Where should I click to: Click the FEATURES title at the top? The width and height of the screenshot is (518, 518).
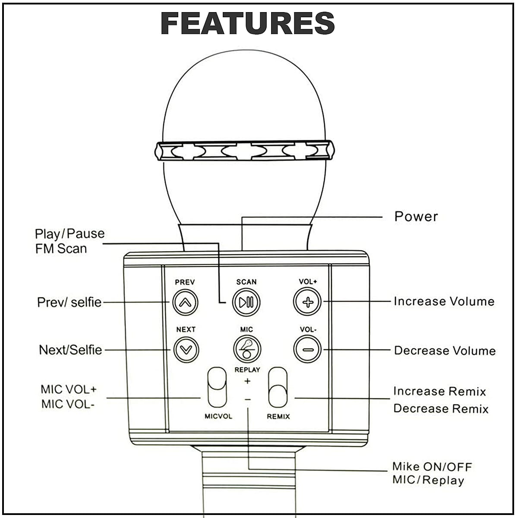[248, 23]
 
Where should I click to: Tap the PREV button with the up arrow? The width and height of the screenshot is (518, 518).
[185, 302]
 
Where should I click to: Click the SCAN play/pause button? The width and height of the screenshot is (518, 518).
[246, 302]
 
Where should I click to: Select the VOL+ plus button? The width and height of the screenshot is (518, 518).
[307, 302]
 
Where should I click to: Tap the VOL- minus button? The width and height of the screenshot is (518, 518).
[307, 349]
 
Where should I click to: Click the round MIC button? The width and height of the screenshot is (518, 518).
[247, 349]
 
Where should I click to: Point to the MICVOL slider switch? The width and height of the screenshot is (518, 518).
[217, 387]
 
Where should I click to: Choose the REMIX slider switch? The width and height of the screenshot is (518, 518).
[278, 387]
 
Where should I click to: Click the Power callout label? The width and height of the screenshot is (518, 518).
[416, 216]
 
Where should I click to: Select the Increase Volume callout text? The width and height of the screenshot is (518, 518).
[444, 301]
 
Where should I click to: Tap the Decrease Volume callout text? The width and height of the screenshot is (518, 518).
[445, 351]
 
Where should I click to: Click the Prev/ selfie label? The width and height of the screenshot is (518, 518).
[69, 302]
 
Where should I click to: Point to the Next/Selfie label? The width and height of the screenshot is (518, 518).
[70, 350]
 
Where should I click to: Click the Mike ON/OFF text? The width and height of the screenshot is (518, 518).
[432, 467]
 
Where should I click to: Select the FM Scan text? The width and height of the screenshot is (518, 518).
[61, 249]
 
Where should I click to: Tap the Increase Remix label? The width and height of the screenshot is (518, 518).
[439, 391]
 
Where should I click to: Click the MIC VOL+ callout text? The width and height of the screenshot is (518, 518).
[69, 389]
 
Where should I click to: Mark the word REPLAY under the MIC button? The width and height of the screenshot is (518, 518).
[247, 370]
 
